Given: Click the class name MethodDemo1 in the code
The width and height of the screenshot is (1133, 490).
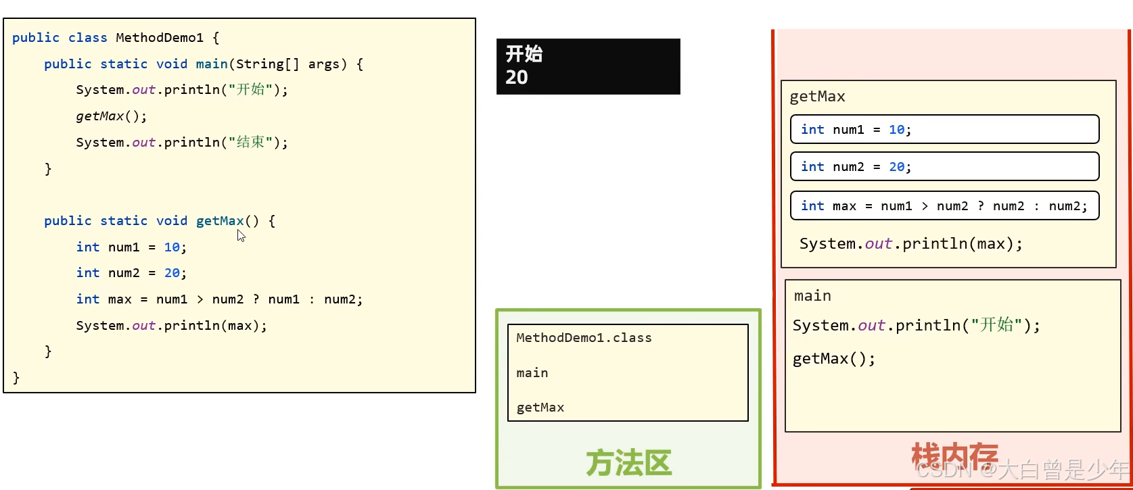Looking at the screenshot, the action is click(x=159, y=38).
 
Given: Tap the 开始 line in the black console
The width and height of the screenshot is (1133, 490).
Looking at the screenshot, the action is click(x=524, y=54).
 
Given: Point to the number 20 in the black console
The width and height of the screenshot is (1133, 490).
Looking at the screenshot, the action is click(x=517, y=77).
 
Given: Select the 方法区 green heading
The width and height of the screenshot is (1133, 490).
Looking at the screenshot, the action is click(x=628, y=464).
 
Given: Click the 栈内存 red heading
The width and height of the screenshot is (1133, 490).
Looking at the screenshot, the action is click(x=954, y=457).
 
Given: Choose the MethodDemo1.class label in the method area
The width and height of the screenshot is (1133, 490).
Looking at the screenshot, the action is click(x=584, y=338).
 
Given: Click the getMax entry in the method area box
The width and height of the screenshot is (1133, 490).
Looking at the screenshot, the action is click(x=540, y=408).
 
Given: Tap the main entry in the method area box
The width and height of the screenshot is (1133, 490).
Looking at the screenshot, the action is click(x=532, y=373).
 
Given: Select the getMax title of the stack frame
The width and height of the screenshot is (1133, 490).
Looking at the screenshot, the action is click(x=817, y=97).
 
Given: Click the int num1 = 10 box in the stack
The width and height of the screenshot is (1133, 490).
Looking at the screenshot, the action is click(x=944, y=129).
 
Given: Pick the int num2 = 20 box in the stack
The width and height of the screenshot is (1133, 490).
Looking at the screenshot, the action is click(x=944, y=166).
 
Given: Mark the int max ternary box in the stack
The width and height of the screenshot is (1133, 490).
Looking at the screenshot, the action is click(x=944, y=206).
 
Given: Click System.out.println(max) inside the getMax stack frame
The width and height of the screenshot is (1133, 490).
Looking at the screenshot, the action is click(x=910, y=244).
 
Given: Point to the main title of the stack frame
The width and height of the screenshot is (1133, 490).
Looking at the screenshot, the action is click(x=812, y=296).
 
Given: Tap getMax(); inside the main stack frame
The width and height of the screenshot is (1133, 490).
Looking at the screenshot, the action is click(x=833, y=359).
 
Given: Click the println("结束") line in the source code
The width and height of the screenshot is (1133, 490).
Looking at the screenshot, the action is click(x=181, y=143).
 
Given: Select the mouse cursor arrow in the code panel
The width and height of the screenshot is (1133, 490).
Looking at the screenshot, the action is click(x=241, y=235).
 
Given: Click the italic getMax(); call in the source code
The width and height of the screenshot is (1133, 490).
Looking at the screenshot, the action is click(x=111, y=116).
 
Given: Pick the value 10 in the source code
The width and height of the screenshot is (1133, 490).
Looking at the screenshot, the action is click(x=172, y=247).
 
